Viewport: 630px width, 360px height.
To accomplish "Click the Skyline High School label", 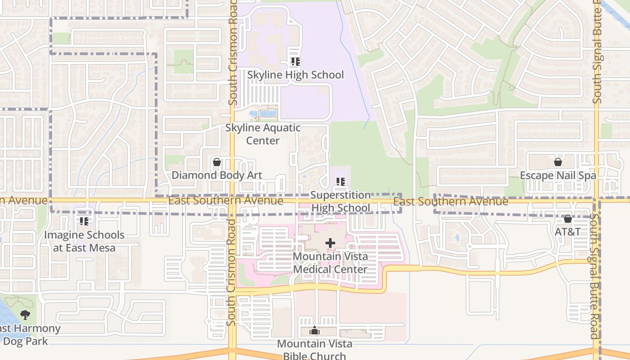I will coord(295,75).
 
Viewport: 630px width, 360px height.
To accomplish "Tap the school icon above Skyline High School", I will coord(295,62).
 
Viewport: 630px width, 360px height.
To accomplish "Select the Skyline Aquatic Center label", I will coord(263,134).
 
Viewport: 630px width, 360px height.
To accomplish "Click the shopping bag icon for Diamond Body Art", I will coord(217,162).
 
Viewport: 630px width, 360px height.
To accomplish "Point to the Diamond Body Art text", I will coord(217,175).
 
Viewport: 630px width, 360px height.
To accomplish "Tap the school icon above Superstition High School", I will coord(341,182).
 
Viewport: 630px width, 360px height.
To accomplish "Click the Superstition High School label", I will coord(341,201).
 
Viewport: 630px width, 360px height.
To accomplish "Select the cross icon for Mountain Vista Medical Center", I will coord(330,243).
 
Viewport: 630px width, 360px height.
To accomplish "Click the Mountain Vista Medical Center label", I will coord(330,263).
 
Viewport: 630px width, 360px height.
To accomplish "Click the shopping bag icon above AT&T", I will coord(568,219).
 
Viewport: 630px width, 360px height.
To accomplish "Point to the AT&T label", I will coord(568,232).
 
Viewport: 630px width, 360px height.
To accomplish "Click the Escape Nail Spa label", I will coord(558,175).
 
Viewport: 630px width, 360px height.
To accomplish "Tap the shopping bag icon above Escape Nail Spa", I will coord(558,162).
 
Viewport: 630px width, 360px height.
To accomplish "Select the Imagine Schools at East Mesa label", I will coord(84,241).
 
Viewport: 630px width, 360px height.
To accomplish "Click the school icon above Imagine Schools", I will coord(84,221).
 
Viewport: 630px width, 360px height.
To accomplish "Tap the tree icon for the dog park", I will coord(25,315).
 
